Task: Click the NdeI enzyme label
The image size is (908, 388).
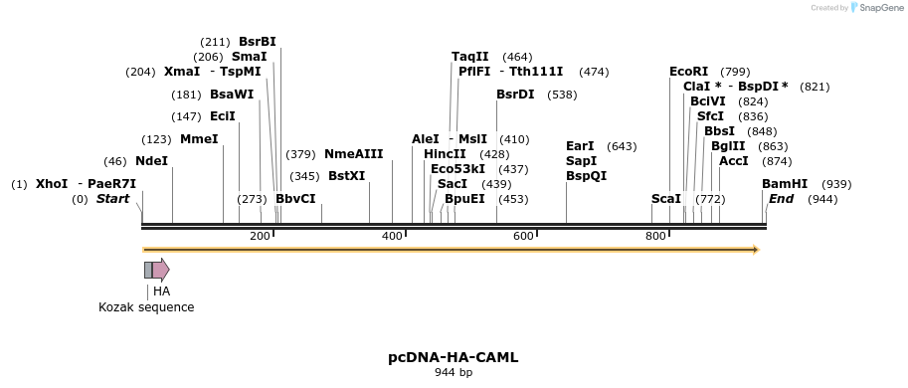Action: coord(151,161)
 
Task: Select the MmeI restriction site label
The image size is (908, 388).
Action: coord(199,139)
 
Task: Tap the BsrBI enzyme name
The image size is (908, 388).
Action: coord(258,42)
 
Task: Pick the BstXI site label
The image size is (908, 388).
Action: coord(346,176)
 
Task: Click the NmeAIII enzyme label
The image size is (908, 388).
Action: coord(353,154)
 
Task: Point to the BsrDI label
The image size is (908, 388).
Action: coord(515,95)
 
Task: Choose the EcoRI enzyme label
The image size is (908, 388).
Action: coord(689,72)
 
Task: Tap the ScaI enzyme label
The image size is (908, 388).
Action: coord(666,199)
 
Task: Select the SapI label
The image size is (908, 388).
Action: coord(581,161)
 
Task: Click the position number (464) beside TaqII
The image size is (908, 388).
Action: coord(517,58)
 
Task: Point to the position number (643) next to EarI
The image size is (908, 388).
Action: coord(622,146)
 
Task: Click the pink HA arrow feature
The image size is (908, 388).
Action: coord(160,270)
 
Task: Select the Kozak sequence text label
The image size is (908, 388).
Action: coord(146,307)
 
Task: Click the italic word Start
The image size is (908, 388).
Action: coord(112,199)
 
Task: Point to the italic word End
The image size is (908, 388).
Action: coord(781,199)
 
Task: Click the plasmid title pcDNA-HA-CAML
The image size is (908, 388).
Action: coord(453,357)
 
